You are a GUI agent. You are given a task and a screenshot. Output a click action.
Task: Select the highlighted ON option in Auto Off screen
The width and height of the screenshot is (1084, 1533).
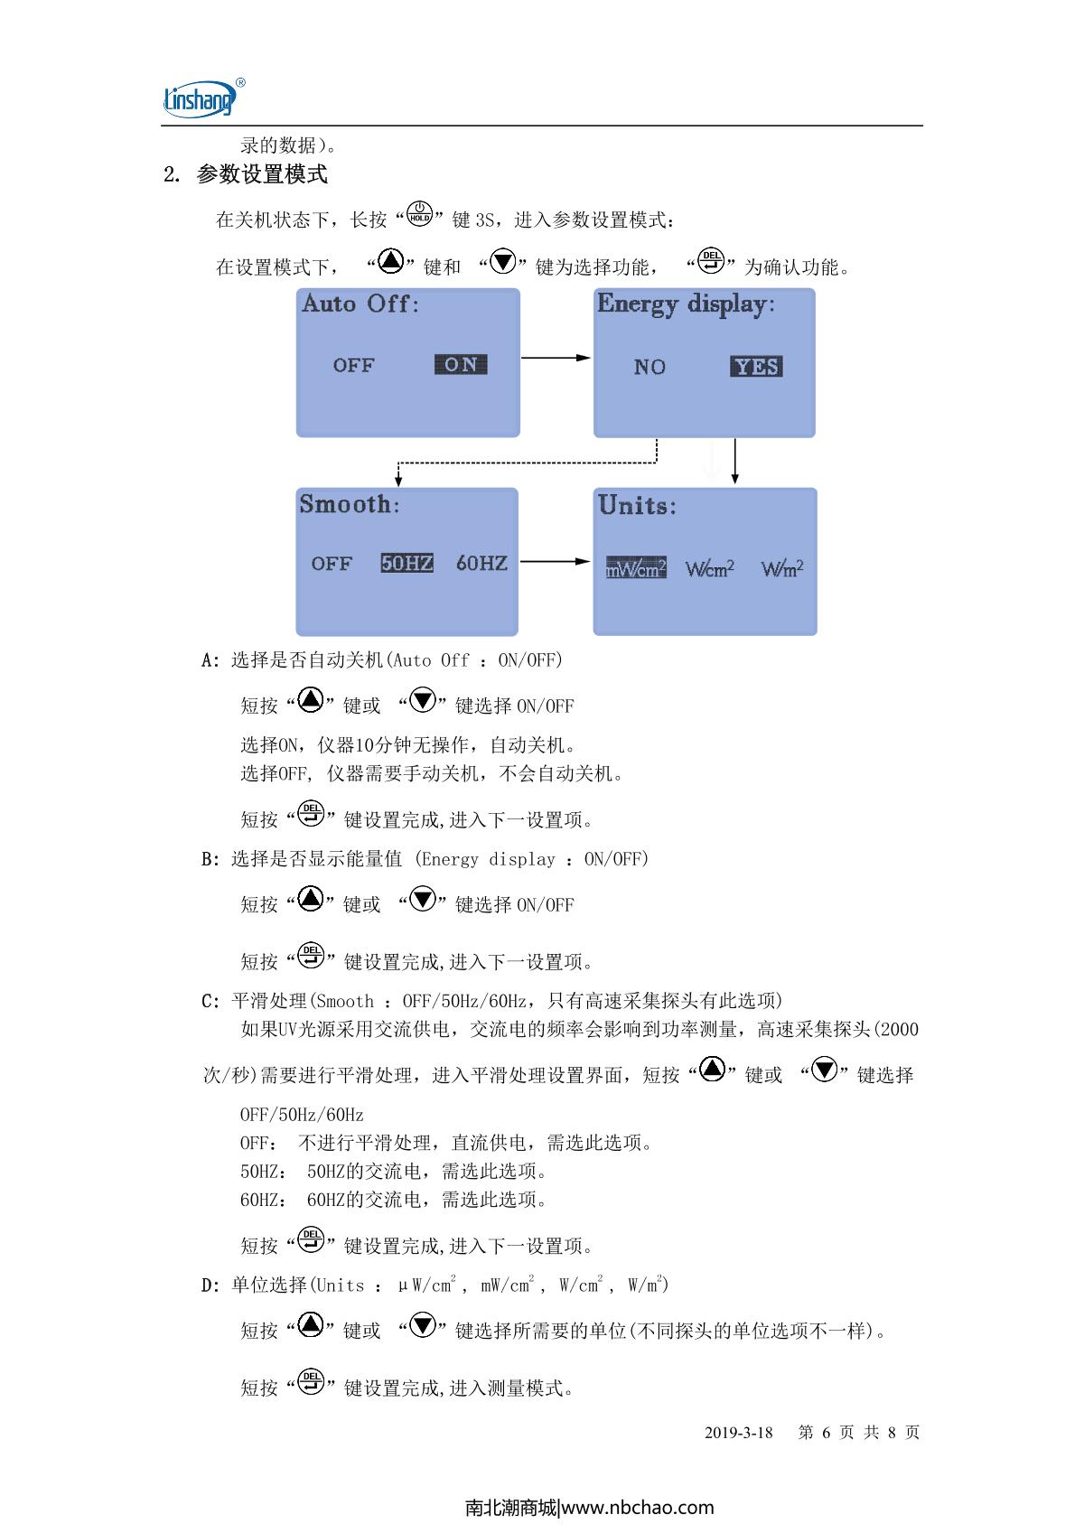coord(460,364)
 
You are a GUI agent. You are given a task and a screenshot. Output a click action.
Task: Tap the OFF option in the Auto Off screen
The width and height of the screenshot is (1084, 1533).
coord(353,365)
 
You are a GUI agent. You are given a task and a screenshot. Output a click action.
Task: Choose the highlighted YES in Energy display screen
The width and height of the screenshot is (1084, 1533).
coord(756,367)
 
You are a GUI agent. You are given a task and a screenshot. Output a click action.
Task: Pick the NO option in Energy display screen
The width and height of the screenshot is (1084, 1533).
coord(649,367)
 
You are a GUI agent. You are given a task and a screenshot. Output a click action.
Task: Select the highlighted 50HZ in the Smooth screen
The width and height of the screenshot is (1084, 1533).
coord(406,563)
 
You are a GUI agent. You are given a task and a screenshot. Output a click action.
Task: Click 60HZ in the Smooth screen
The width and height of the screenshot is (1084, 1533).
coord(481,563)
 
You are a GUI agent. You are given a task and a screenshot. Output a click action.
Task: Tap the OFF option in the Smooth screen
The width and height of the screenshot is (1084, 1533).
coord(332,564)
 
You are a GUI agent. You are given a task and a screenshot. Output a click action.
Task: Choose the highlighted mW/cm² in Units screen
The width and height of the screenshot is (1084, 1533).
coord(636,567)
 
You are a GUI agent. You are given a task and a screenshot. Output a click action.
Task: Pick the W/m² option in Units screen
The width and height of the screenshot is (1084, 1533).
coord(782,567)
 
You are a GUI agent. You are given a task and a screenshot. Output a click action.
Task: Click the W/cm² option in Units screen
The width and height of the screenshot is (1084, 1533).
coord(709,567)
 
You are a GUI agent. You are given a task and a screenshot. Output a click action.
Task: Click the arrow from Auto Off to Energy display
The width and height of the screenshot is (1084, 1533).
coord(556,358)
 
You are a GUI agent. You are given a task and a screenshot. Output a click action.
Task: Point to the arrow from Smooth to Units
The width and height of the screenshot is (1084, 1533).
coord(555,561)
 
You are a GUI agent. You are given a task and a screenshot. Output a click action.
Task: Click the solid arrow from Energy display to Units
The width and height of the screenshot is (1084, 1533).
coord(735,462)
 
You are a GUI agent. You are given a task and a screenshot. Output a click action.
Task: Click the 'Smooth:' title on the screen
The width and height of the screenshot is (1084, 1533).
coord(350,504)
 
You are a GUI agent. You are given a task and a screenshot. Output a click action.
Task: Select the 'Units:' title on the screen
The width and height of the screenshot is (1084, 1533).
coord(637,505)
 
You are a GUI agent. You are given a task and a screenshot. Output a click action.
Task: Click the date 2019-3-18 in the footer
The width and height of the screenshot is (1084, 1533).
coord(738,1432)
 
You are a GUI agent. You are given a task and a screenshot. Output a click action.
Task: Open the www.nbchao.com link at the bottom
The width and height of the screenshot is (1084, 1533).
coord(638,1507)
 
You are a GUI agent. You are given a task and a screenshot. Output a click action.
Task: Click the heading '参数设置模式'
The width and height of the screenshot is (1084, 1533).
coord(262,174)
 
